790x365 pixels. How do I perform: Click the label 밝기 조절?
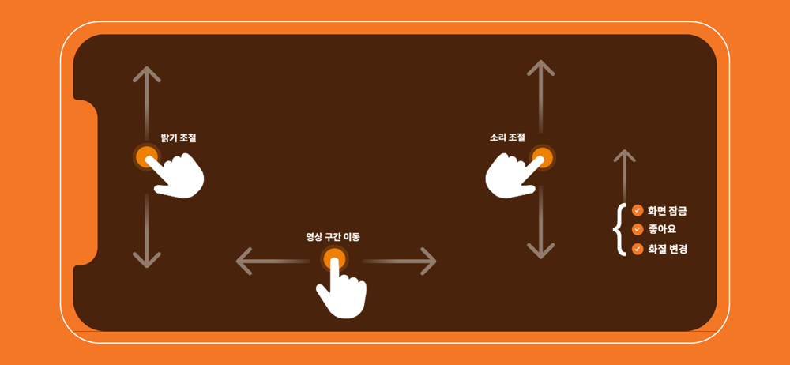point(179,137)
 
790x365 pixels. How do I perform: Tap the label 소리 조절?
point(507,137)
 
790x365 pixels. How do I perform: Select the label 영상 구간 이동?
point(333,236)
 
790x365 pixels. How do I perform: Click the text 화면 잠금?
point(668,210)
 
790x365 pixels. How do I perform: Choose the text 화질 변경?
point(668,249)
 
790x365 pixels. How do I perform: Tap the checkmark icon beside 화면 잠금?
point(638,210)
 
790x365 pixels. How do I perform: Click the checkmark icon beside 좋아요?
point(638,229)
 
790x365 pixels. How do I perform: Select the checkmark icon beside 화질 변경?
point(638,249)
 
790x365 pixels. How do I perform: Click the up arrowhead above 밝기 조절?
point(147,73)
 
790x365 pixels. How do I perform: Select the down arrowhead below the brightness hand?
point(147,260)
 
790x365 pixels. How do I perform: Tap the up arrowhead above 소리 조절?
point(541,68)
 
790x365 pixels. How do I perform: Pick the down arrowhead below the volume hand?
point(541,251)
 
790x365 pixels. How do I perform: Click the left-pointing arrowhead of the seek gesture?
point(244,262)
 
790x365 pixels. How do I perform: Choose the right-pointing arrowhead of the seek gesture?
point(428,262)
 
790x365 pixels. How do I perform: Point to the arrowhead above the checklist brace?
point(625,156)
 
